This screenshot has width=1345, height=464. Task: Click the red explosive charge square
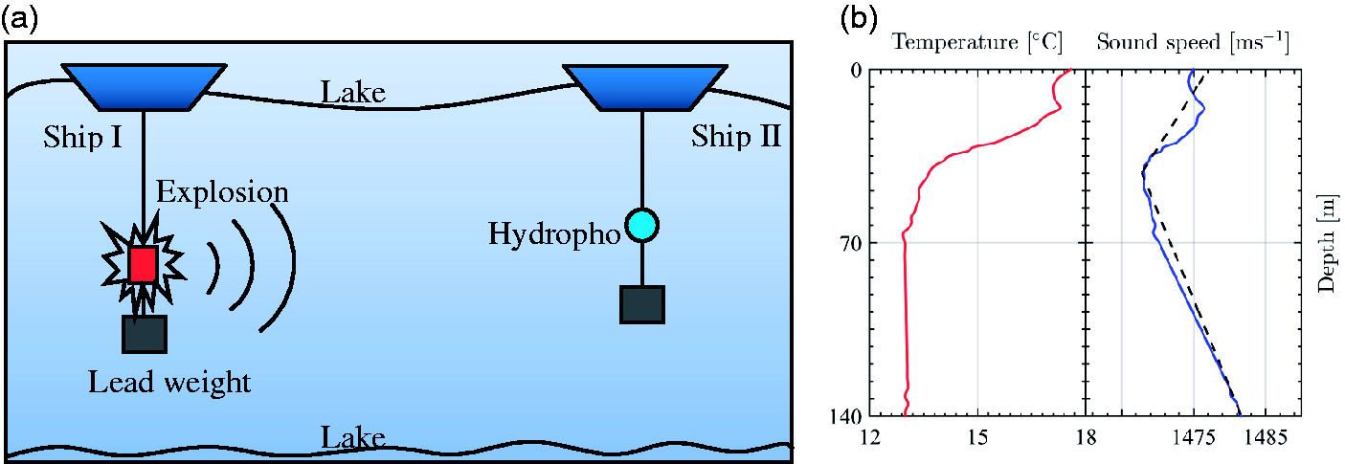tap(144, 263)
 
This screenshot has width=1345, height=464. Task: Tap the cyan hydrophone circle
tap(642, 226)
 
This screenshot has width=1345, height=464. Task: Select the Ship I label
tap(83, 138)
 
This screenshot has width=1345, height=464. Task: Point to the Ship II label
tap(736, 136)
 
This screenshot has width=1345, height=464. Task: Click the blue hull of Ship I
tap(145, 88)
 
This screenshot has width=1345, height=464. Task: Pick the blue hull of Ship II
tap(645, 88)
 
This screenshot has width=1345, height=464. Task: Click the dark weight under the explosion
tap(145, 334)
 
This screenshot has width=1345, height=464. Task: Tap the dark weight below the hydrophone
tap(642, 305)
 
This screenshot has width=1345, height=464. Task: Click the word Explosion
tap(222, 192)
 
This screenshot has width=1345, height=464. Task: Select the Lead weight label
tap(169, 383)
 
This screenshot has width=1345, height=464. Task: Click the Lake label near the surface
tap(353, 93)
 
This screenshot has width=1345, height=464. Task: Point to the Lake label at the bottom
tap(353, 437)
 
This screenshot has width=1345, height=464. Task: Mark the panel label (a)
tap(19, 20)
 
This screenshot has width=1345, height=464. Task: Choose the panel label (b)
tap(858, 20)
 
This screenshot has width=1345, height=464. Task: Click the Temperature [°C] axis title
tap(977, 43)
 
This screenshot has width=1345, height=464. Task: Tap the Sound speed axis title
tap(1193, 43)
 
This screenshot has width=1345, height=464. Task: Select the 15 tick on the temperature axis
tap(977, 437)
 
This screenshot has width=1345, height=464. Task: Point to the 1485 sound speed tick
tap(1266, 437)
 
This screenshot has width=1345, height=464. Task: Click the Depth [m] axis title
tap(1328, 244)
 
